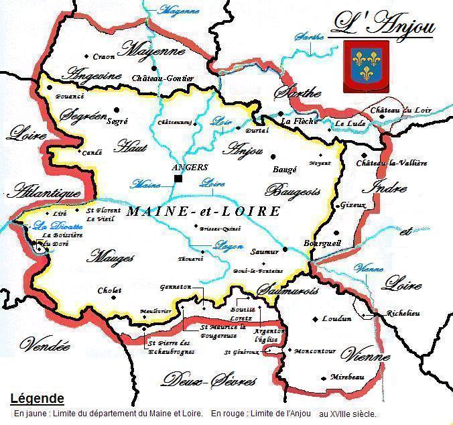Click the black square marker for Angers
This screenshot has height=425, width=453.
[x=178, y=179]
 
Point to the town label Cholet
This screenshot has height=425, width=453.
[x=109, y=290]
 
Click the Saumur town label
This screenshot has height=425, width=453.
[x=263, y=251]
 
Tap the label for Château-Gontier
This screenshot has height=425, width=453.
[x=164, y=78]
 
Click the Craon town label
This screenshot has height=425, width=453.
[x=104, y=57]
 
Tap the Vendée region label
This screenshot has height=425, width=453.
[x=45, y=346]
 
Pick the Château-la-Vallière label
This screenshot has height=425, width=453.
[x=391, y=163]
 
